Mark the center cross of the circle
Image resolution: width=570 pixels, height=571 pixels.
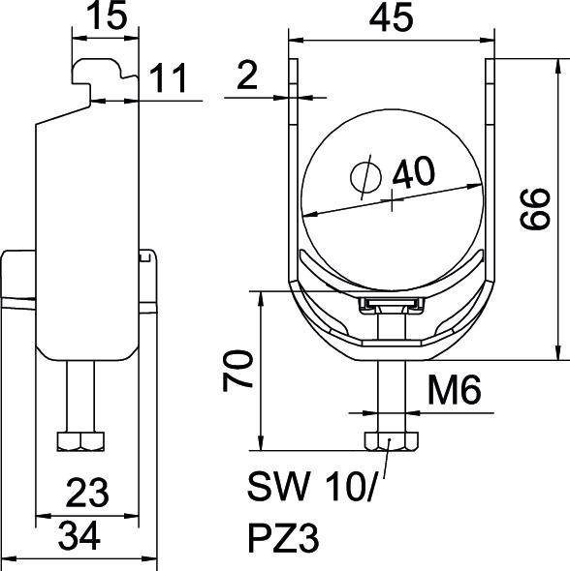pos(391,204)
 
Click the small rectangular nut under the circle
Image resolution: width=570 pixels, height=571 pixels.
pos(391,307)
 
